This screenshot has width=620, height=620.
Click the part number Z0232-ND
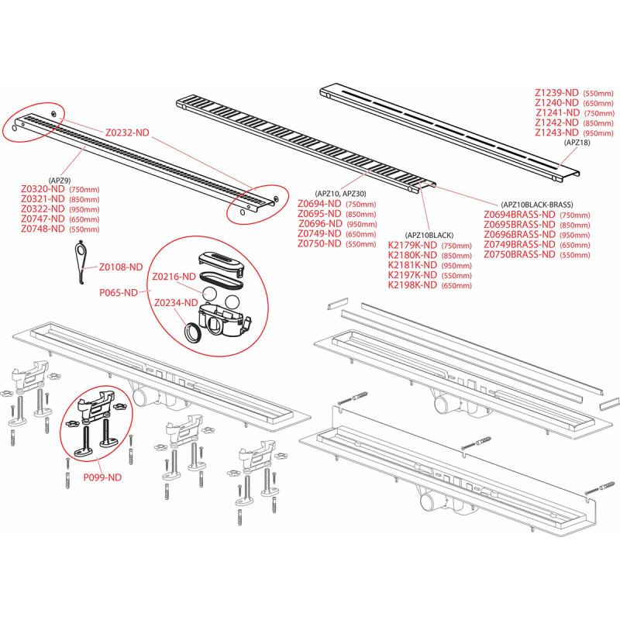pos(127,133)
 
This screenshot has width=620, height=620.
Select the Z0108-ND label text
pos(121,267)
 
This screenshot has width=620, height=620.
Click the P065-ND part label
pos(119,293)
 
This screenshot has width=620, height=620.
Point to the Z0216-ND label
pos(174,277)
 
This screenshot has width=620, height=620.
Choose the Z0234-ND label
pos(175,303)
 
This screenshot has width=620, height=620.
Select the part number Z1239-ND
pos(556,92)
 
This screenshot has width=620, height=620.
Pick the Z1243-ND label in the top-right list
pos(556,133)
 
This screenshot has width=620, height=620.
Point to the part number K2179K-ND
pos(412,246)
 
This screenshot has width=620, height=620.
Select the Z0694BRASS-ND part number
pos(519,215)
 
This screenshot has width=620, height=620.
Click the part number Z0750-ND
pos(319,243)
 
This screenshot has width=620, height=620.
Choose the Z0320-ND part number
pos(43,190)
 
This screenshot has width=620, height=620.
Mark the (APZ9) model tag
pos(60,178)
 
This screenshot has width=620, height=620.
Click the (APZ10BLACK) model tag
pos(429,235)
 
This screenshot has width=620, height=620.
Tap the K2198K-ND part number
pos(412,285)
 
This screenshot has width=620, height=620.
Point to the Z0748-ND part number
pos(43,229)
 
